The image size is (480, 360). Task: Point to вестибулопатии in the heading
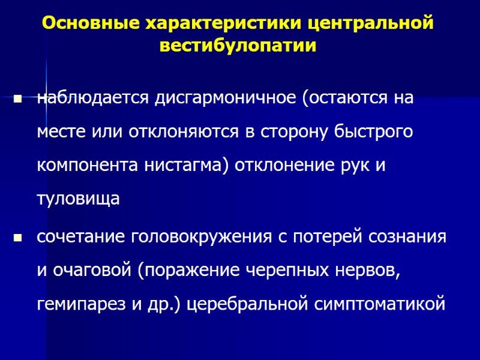point(238,46)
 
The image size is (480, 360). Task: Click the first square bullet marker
point(17,99)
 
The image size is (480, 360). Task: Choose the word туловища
point(79,199)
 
